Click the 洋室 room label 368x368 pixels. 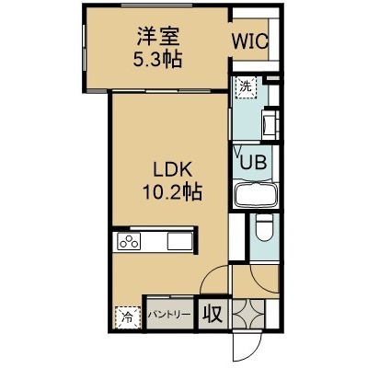(158, 37)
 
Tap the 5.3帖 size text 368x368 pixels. (157, 59)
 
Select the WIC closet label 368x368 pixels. (250, 41)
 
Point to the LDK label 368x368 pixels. (173, 169)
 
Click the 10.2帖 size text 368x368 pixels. (172, 192)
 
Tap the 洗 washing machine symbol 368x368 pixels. (246, 87)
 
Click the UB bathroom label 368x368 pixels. (253, 162)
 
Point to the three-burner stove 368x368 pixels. (129, 241)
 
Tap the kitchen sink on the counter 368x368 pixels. (179, 241)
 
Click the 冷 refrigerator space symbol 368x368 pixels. (128, 317)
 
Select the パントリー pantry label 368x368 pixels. (169, 315)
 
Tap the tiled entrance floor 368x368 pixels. (248, 314)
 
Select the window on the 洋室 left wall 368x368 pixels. (84, 50)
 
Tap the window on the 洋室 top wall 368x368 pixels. (156, 6)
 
